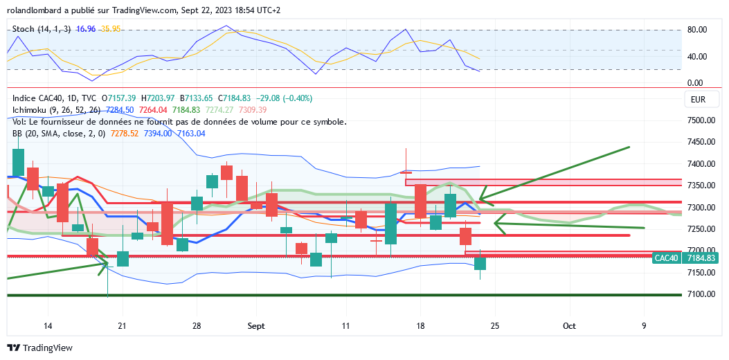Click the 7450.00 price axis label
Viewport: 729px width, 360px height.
coord(701,142)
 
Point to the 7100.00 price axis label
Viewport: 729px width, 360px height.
coord(701,294)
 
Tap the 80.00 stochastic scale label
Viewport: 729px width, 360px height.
coord(695,30)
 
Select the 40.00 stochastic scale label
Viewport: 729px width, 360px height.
coord(695,57)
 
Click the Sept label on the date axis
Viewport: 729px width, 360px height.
coord(256,325)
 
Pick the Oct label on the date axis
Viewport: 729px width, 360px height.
coord(569,325)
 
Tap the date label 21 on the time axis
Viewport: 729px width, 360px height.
coord(122,325)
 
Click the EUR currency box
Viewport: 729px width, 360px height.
coord(698,100)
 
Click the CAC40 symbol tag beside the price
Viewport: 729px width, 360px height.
coord(667,258)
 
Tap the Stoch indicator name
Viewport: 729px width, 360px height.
coord(25,29)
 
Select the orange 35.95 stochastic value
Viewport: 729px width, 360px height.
coord(110,29)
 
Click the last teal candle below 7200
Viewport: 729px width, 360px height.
coord(480,263)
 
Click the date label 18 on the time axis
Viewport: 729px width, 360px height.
coord(420,325)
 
